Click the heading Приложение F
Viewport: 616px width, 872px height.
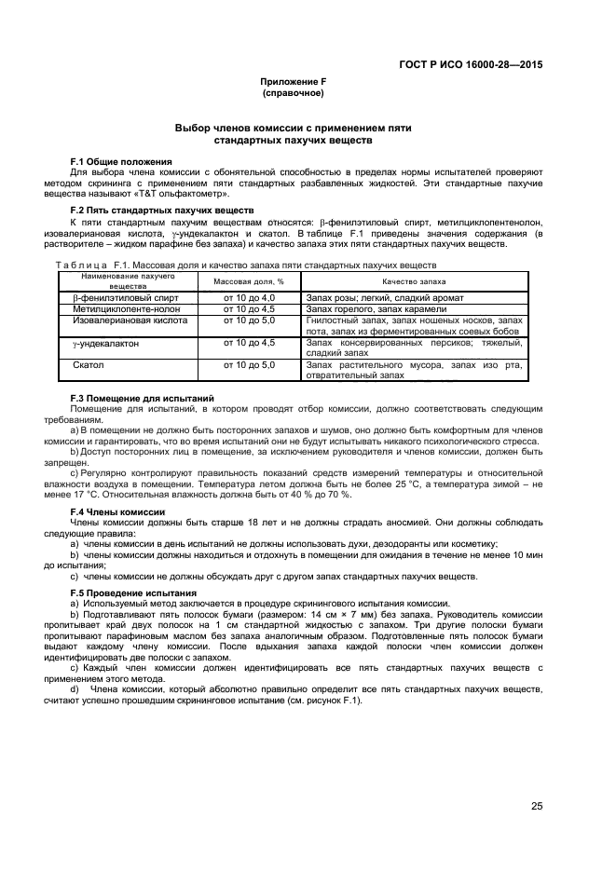tap(293, 82)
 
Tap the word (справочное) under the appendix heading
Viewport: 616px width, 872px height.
tap(293, 93)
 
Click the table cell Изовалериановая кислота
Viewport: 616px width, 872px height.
tap(130, 320)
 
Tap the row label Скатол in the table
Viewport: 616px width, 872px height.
tap(89, 365)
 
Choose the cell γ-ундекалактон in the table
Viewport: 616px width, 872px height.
tap(106, 343)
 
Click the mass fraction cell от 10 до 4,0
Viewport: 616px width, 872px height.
tap(249, 297)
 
